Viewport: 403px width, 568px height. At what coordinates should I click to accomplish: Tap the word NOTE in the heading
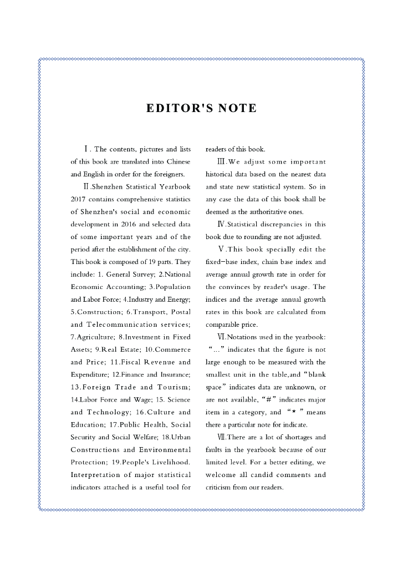tap(237, 108)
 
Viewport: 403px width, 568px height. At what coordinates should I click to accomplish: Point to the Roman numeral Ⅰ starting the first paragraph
tap(86, 149)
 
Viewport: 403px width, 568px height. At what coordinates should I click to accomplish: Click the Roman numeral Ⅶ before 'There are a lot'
tap(222, 438)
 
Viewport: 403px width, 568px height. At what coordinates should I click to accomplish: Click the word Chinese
tap(178, 162)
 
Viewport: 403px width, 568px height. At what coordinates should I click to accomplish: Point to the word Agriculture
tap(94, 337)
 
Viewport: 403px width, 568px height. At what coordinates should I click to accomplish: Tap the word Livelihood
tap(170, 463)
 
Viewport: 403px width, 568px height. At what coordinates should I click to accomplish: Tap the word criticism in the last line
tap(221, 488)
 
